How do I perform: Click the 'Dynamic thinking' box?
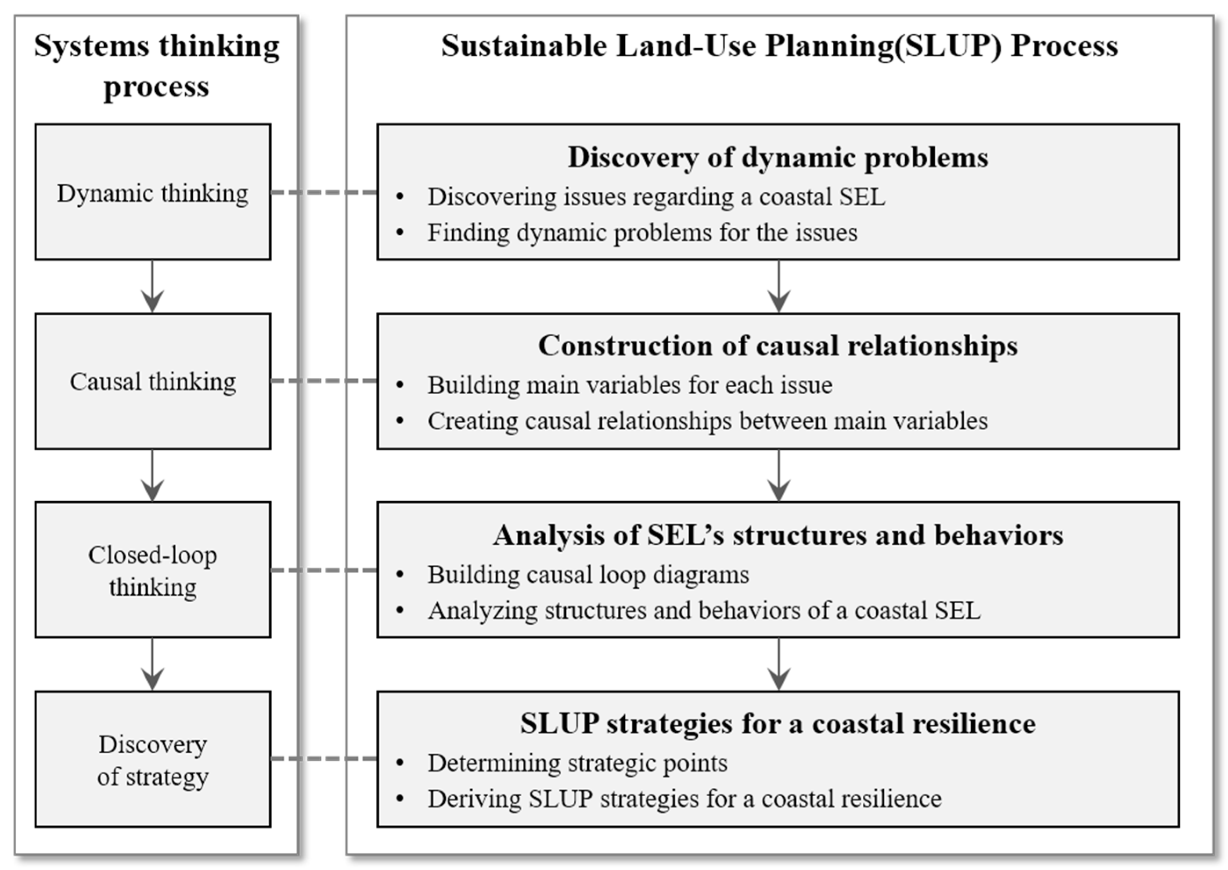[x=153, y=192]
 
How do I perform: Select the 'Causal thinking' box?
[x=153, y=381]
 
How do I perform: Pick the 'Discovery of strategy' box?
[x=153, y=759]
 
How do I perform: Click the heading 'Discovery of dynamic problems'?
[x=778, y=158]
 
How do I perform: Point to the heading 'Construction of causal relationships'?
[x=778, y=345]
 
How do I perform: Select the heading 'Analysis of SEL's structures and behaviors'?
[x=778, y=535]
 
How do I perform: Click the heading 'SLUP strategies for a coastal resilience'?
[x=778, y=724]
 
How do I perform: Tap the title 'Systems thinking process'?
[x=156, y=65]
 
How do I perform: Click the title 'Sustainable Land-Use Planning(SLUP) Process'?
[x=780, y=46]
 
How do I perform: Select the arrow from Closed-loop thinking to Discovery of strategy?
[x=153, y=664]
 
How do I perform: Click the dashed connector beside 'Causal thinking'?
[x=324, y=381]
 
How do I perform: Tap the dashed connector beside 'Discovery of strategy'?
[x=324, y=759]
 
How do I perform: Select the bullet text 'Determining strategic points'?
[x=577, y=763]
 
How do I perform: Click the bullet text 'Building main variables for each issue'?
[x=630, y=385]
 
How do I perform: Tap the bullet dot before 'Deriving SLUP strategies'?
[x=400, y=799]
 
